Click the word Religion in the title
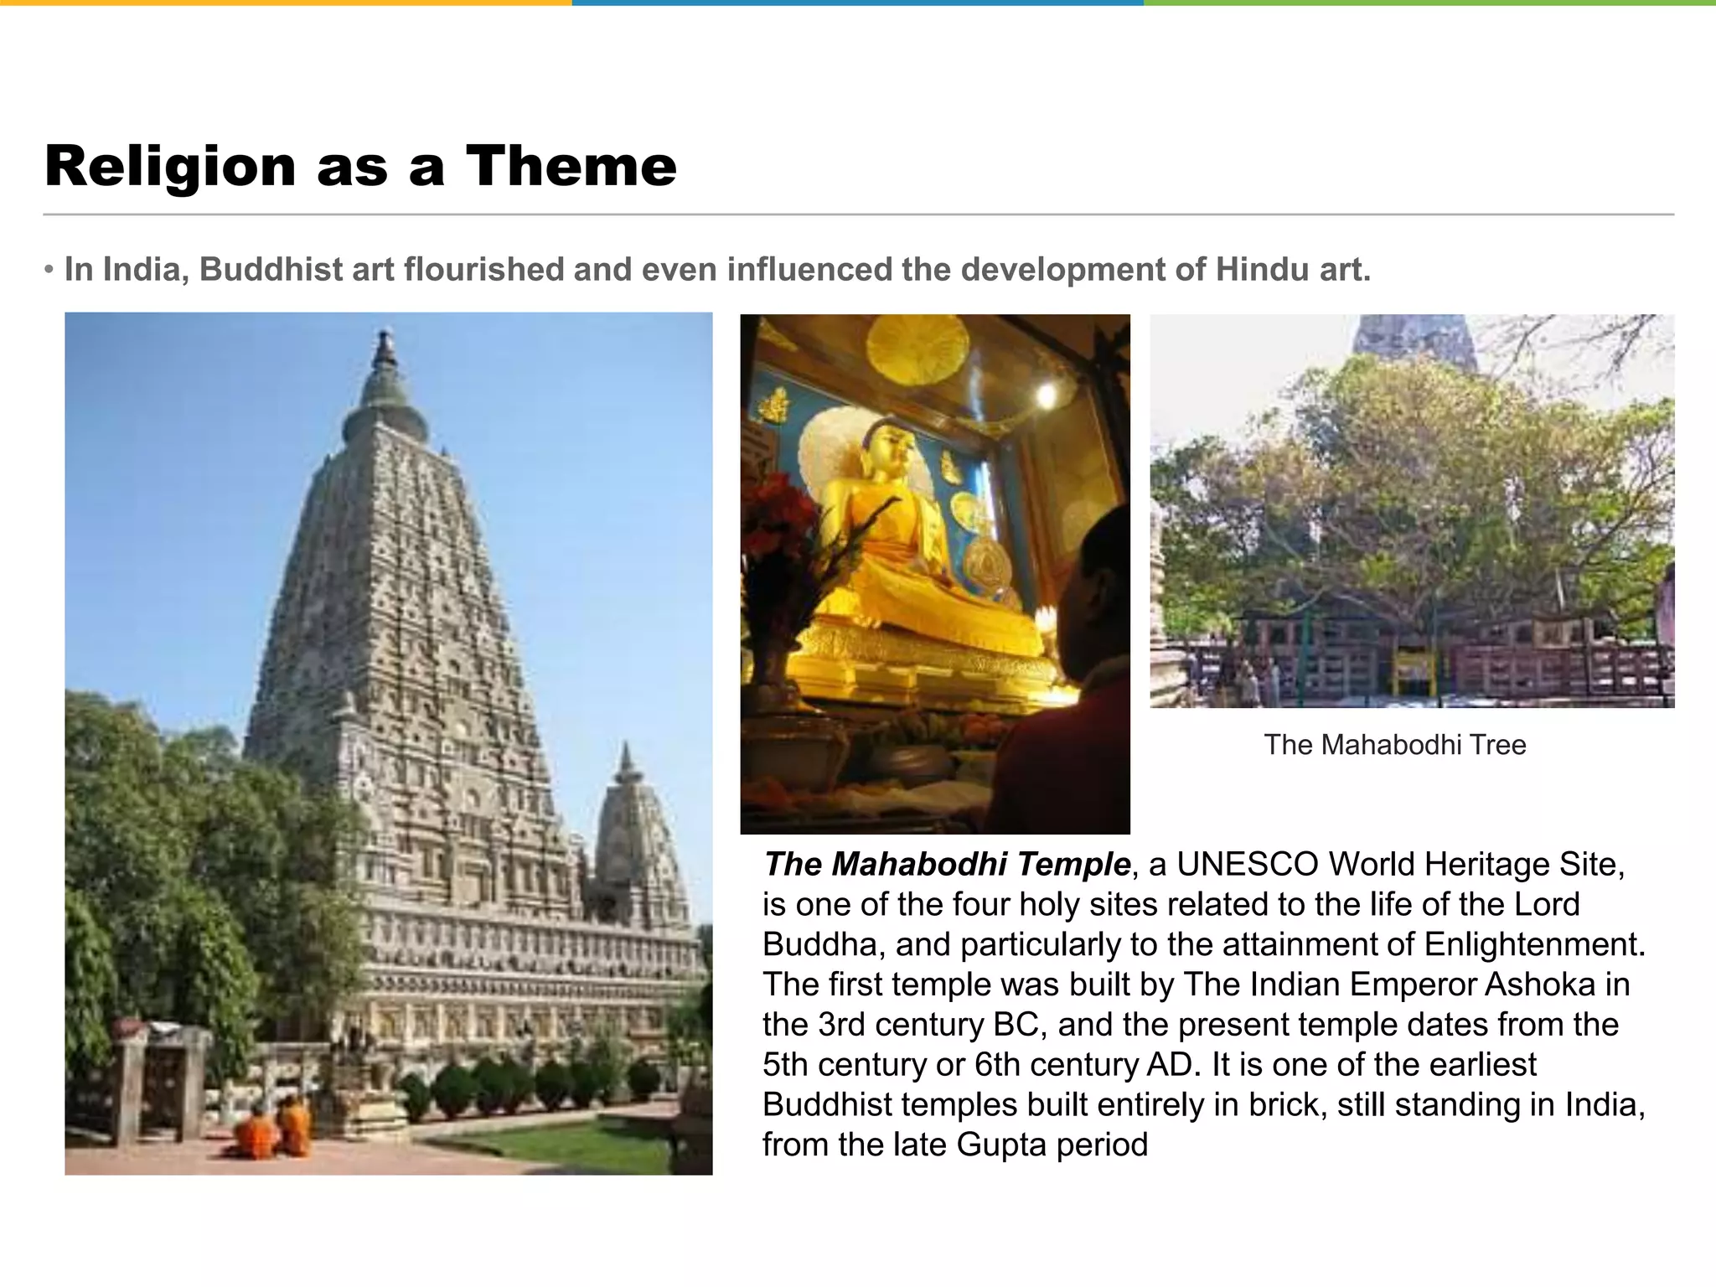170,168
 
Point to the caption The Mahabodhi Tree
1394,745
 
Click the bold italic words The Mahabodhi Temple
947,865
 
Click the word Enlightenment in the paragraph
1534,944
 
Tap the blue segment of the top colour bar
857,3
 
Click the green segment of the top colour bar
1429,3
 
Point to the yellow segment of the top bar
286,3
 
